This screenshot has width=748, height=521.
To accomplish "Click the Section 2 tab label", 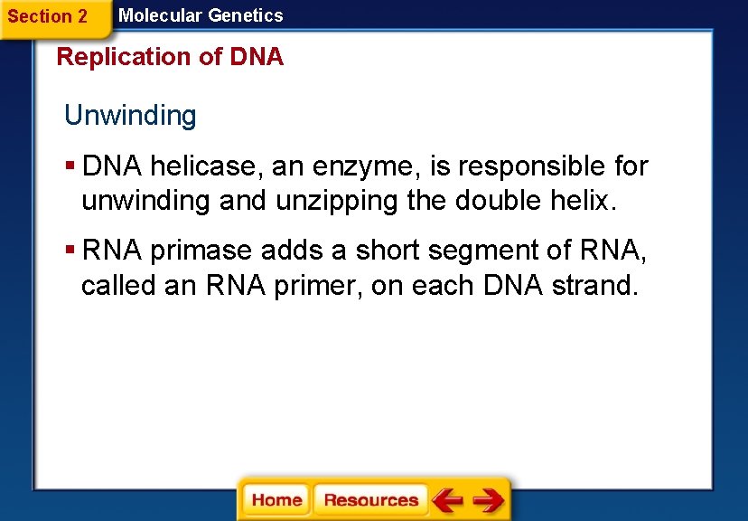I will [48, 16].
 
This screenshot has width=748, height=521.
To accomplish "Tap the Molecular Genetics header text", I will [201, 15].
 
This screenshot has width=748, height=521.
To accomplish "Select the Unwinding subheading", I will [130, 116].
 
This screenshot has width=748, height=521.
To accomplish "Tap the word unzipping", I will [337, 201].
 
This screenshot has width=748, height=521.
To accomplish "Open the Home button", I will [276, 499].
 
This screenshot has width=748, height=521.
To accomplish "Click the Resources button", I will [370, 499].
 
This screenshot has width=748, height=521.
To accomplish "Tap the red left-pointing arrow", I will [447, 499].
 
